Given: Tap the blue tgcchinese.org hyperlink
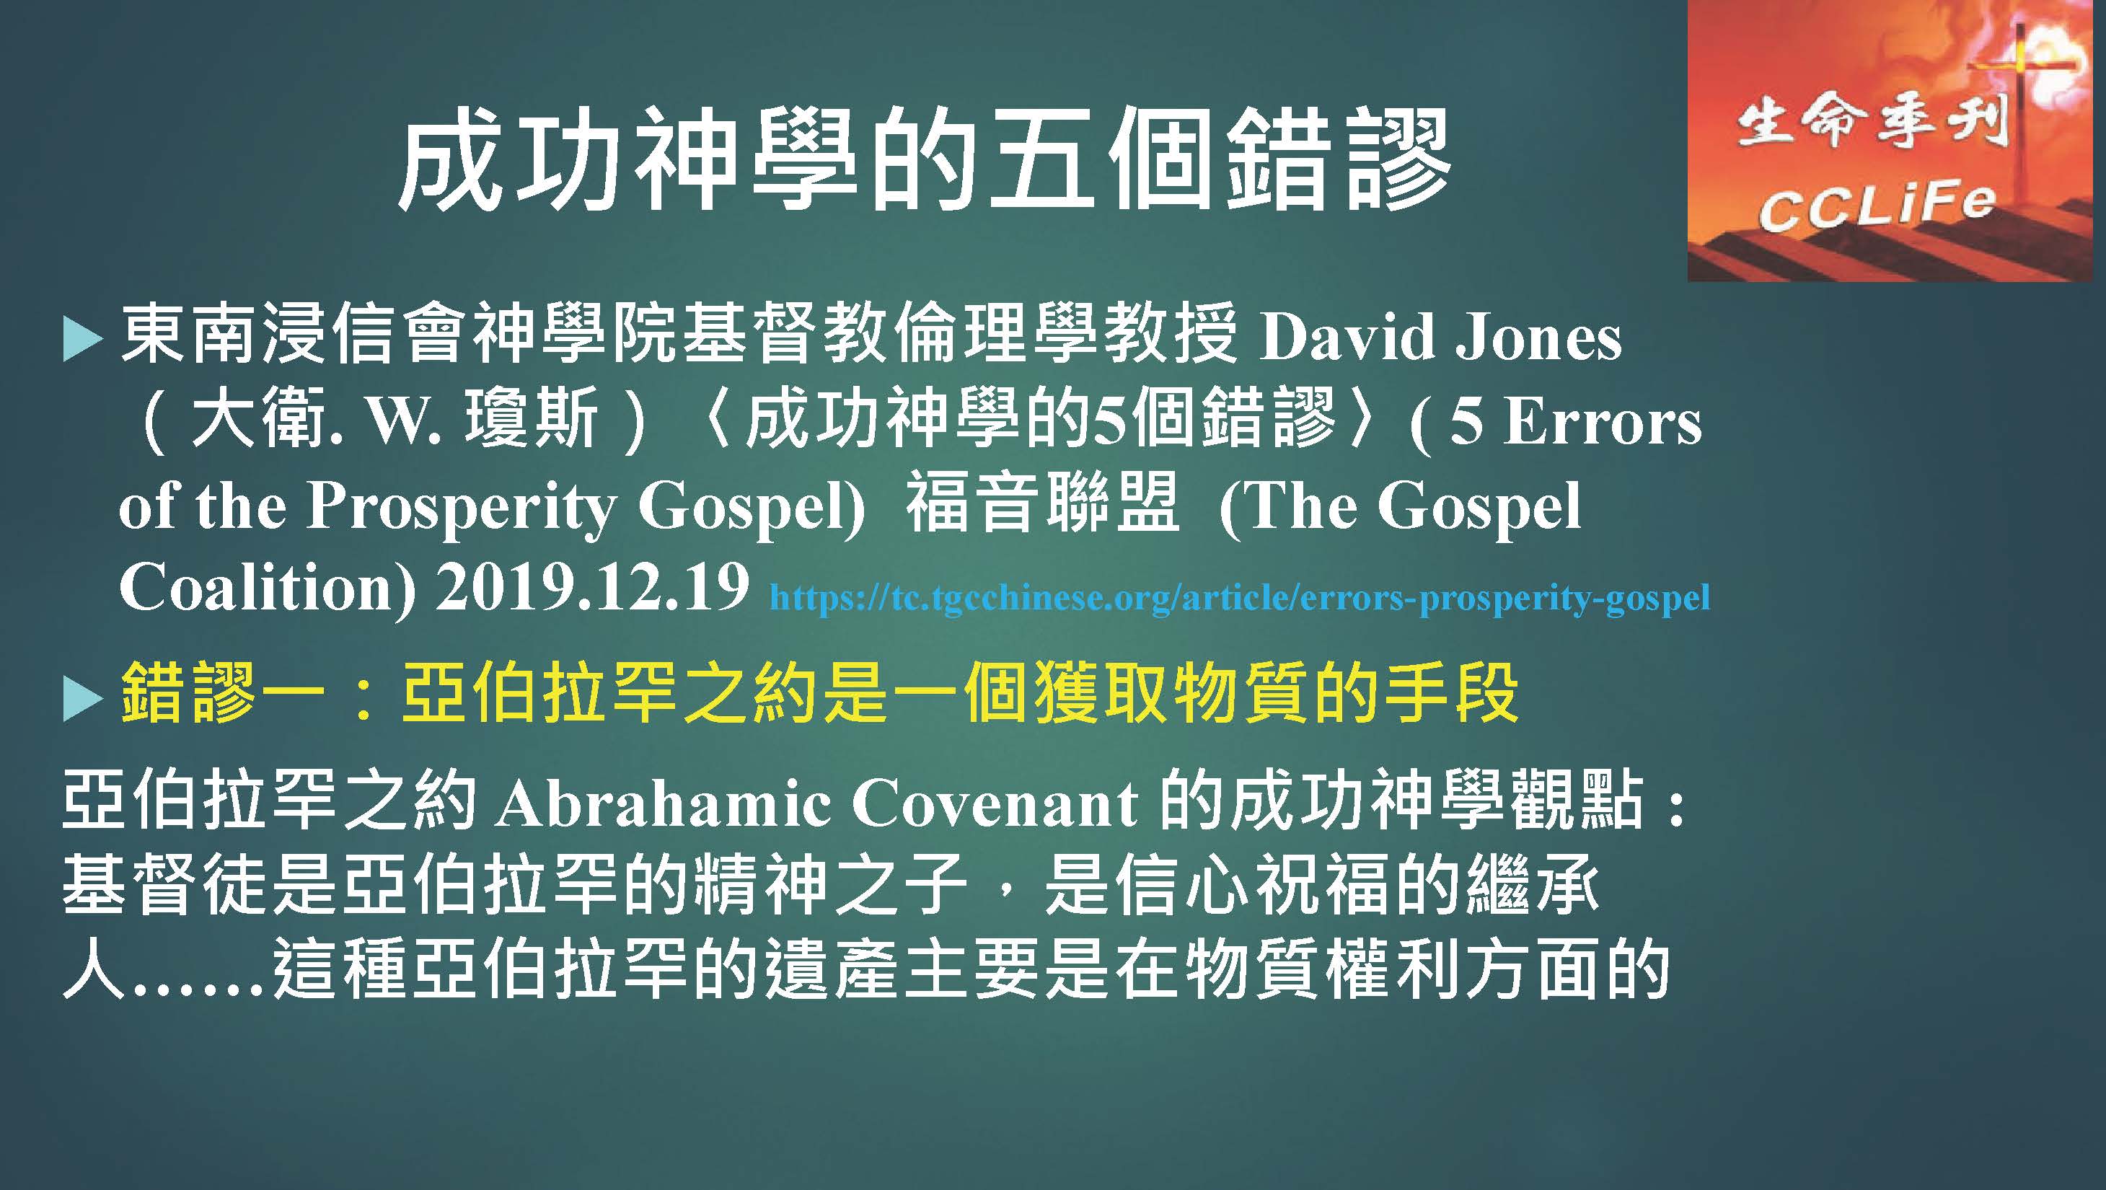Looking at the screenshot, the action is point(1239,596).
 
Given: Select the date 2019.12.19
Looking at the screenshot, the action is point(592,586).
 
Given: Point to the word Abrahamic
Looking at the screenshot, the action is point(662,803).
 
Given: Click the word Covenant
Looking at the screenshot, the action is point(995,803).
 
